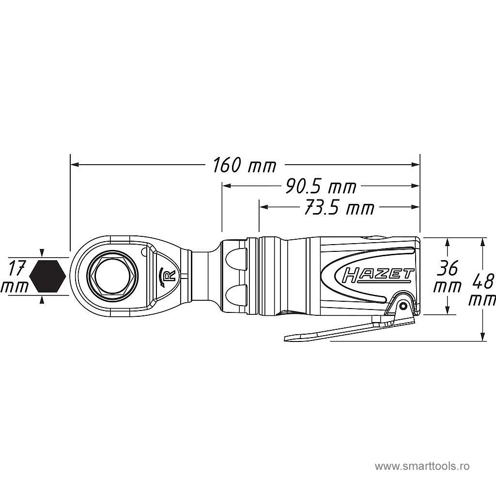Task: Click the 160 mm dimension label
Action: coord(245,166)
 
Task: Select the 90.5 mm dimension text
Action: coord(321,186)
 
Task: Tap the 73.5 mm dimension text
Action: coord(339,208)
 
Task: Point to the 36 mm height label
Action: coord(447,276)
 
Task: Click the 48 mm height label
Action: coord(482,289)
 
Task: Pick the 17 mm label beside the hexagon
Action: coord(15,276)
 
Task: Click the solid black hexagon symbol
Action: coord(47,276)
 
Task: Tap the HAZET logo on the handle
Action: coord(378,275)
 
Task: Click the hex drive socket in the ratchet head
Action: coord(112,275)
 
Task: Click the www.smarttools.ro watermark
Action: coord(422,466)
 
